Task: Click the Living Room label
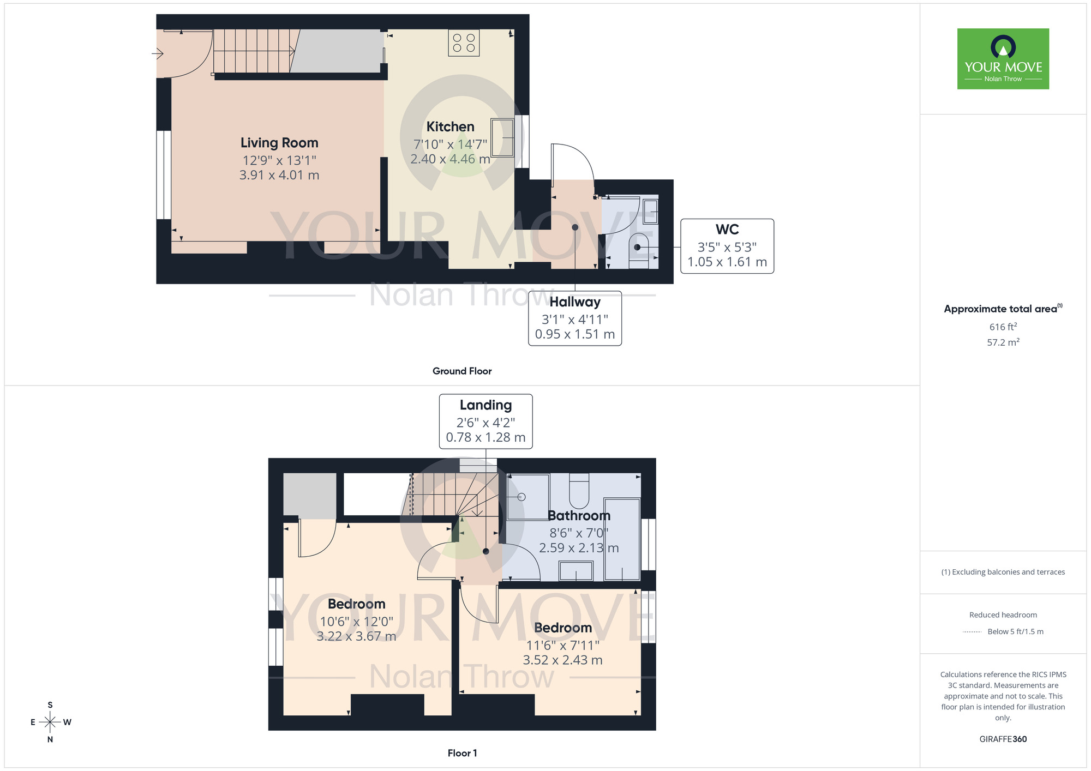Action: click(279, 143)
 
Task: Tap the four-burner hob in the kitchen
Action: click(464, 43)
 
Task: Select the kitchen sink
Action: click(502, 137)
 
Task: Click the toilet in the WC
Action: click(639, 248)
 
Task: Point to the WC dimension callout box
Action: click(727, 246)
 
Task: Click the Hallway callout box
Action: click(575, 318)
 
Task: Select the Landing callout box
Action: click(485, 421)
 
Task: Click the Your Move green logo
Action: click(1003, 59)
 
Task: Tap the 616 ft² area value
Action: click(1003, 327)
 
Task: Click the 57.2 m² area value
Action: click(1003, 342)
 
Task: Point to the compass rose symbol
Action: click(50, 722)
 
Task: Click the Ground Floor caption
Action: click(461, 371)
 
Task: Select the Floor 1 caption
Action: click(462, 753)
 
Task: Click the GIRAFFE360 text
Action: click(1003, 739)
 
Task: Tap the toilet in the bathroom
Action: click(579, 490)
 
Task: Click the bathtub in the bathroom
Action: click(622, 539)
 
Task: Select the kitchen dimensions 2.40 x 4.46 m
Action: click(450, 159)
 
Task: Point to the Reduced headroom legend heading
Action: click(1003, 615)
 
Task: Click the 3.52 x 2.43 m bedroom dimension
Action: click(562, 660)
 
